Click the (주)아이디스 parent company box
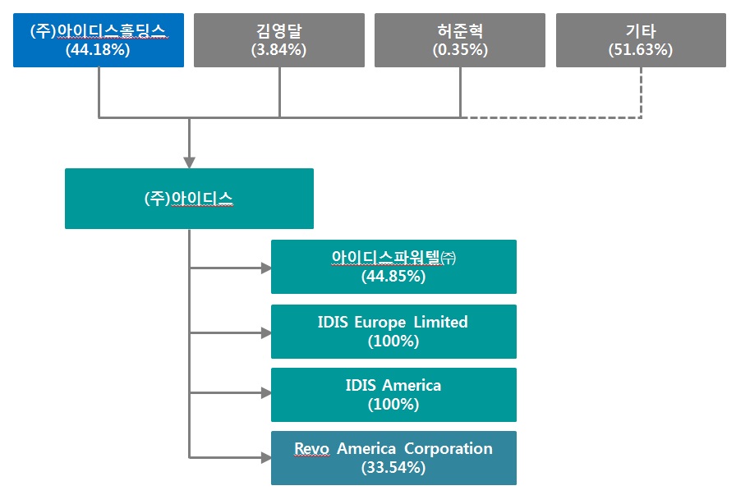tap(189, 199)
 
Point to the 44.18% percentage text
tap(99, 49)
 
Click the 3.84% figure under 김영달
tap(279, 49)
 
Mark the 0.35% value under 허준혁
tap(460, 49)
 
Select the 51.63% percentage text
tap(641, 49)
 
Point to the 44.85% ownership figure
tap(393, 277)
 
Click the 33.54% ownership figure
tap(393, 468)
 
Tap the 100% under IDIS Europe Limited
tap(393, 341)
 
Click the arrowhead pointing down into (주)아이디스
tap(189, 162)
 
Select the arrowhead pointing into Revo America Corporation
tap(265, 456)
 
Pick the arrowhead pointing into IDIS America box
tap(265, 394)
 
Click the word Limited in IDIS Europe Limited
tap(440, 322)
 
